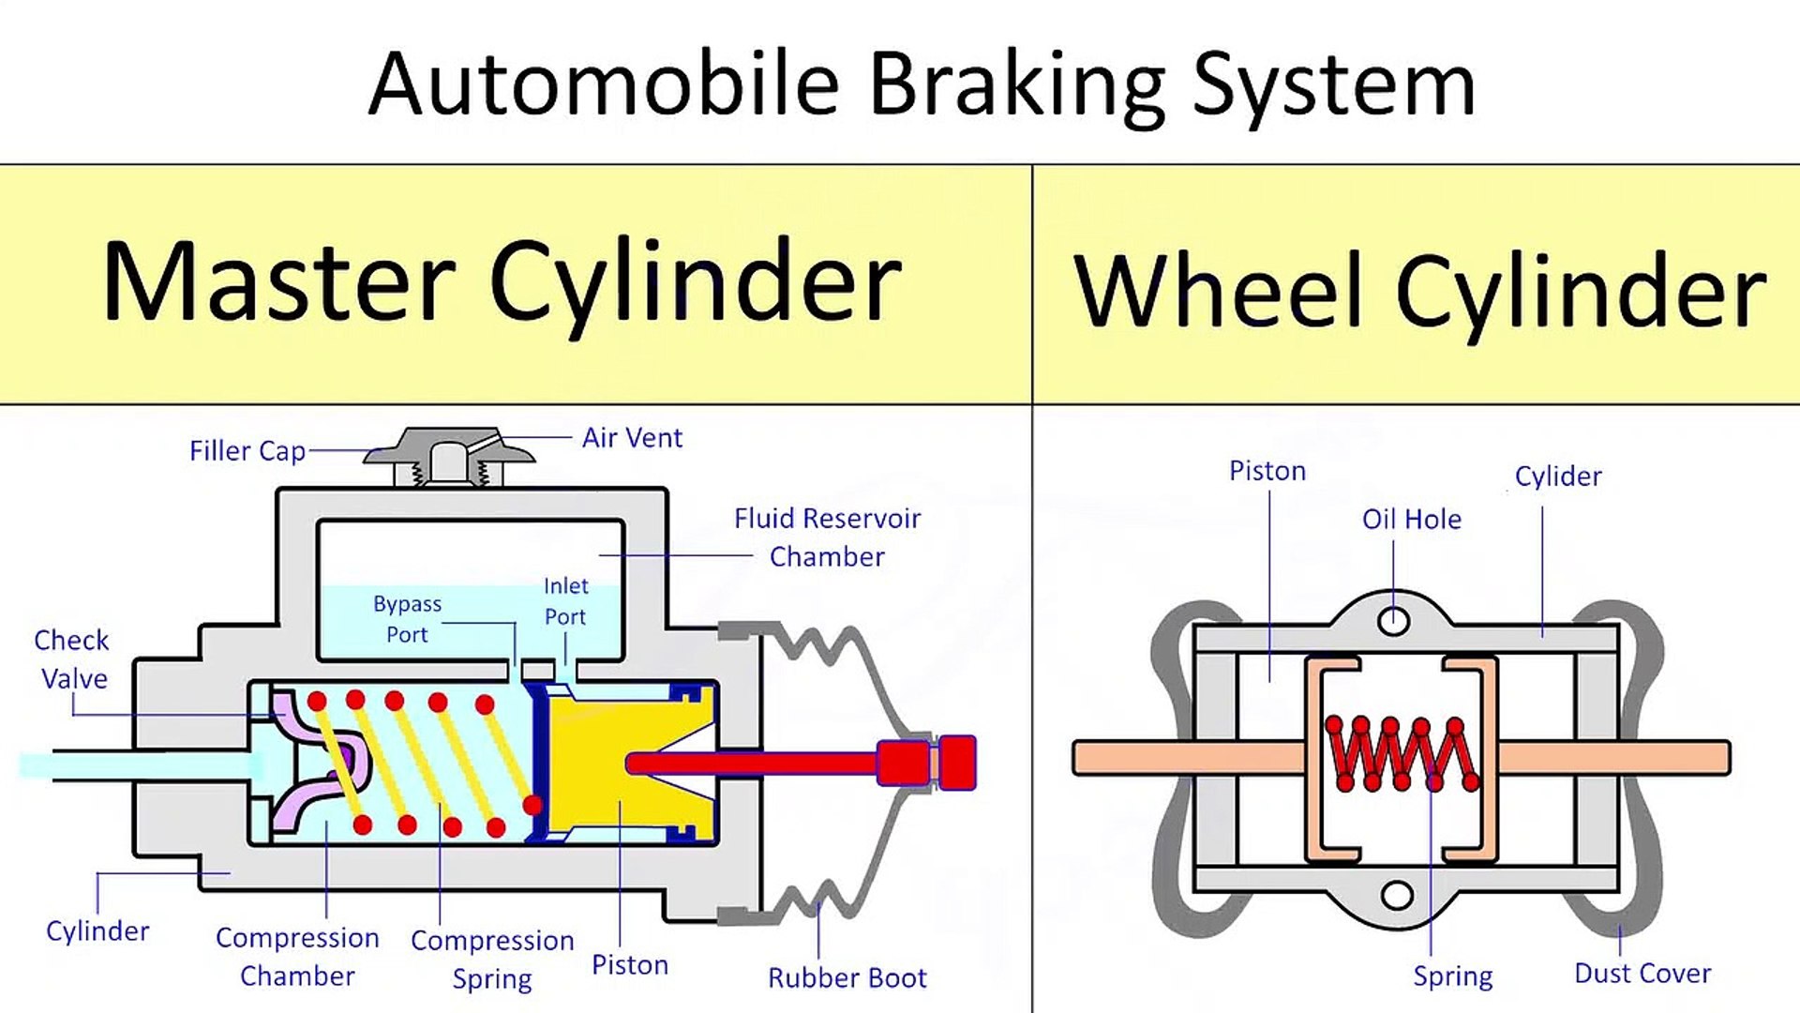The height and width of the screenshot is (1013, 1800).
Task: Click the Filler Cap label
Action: (247, 451)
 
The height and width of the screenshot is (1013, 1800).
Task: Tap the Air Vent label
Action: (632, 438)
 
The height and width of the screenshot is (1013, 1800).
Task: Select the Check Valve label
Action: (72, 659)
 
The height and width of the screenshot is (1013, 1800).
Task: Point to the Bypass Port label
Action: (407, 619)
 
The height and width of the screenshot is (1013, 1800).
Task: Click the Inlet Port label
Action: (565, 601)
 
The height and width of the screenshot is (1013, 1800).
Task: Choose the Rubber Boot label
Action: (847, 977)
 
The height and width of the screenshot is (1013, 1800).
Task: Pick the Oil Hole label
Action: (1411, 519)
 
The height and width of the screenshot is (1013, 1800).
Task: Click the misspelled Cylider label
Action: (1558, 476)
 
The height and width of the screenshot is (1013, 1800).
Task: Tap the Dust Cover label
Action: (1642, 974)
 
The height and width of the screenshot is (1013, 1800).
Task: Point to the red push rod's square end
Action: (957, 762)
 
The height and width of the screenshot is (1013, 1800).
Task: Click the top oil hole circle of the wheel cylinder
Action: (1393, 620)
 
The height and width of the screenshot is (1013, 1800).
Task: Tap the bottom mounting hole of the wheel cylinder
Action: (1397, 895)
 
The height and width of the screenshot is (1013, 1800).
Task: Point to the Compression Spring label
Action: (492, 959)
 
